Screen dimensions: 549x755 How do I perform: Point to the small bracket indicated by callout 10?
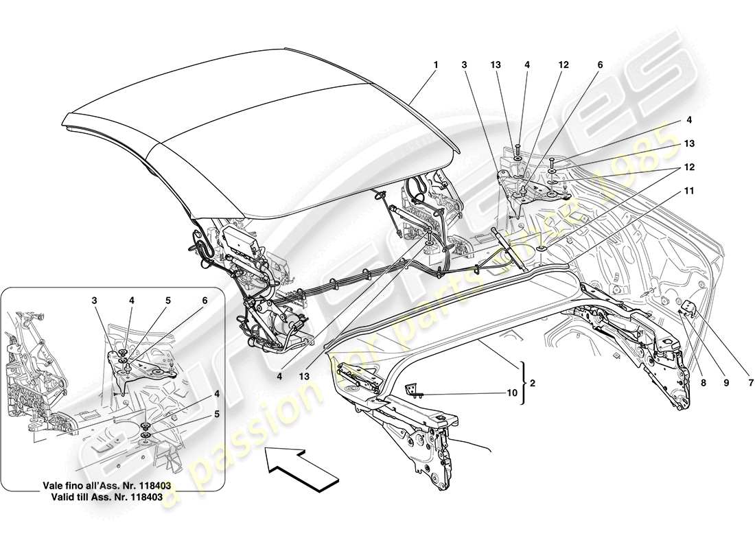click(x=413, y=390)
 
